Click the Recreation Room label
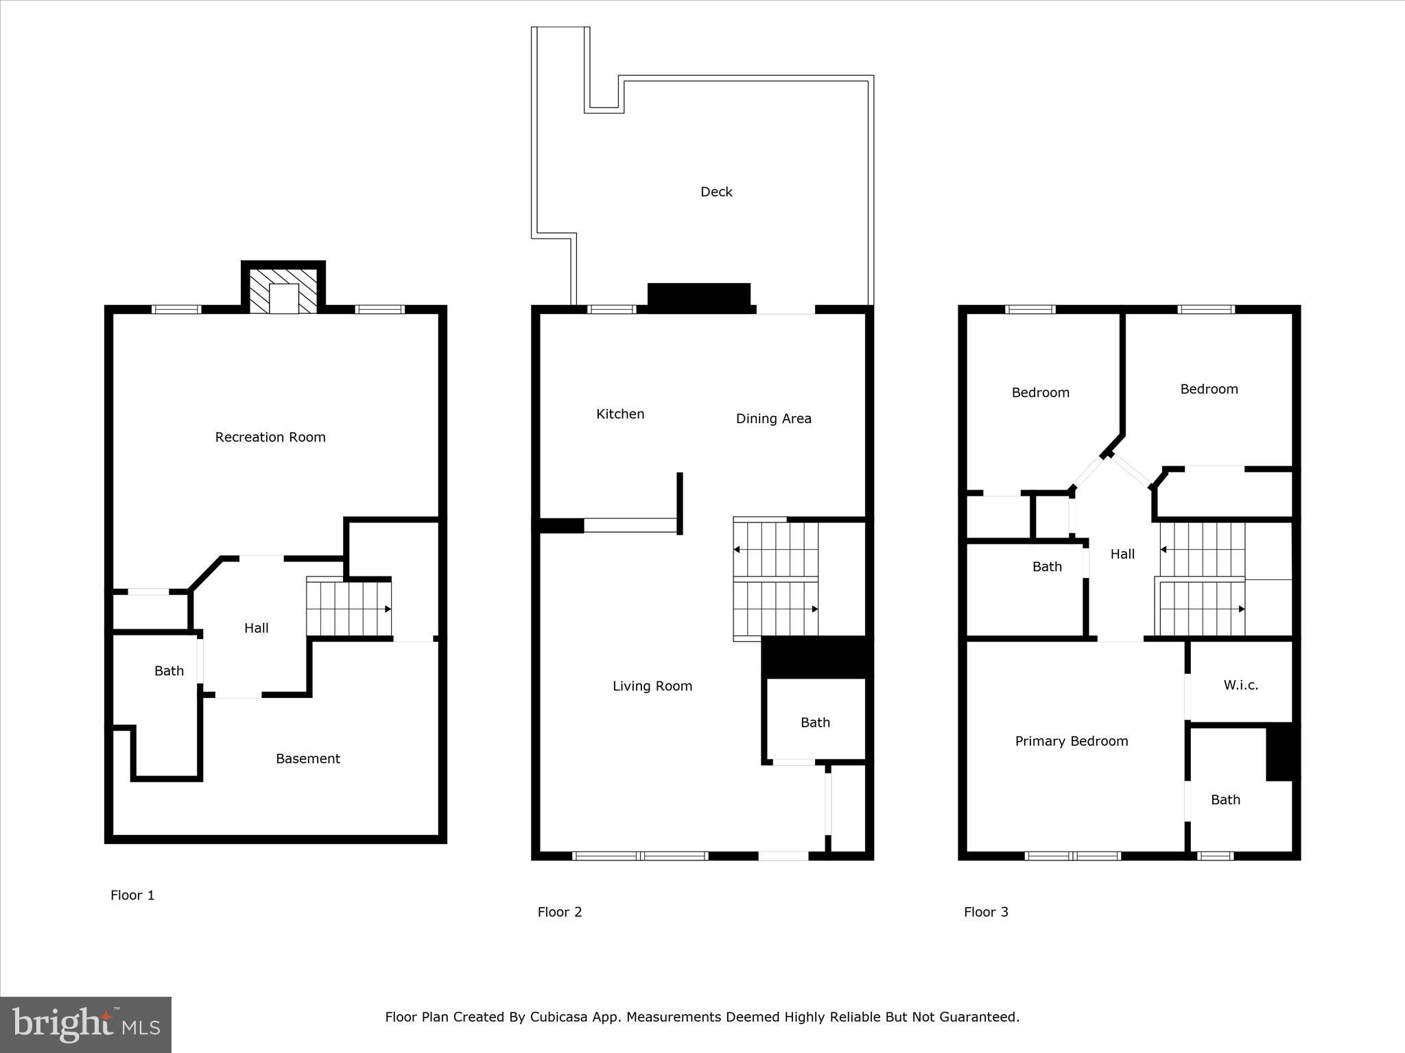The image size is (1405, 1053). coord(270,437)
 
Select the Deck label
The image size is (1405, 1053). coord(716,192)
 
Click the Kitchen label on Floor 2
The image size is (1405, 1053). coord(620,414)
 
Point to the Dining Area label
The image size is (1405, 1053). coord(773,418)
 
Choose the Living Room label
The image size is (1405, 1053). coord(652,686)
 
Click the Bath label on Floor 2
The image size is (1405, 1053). coord(815,723)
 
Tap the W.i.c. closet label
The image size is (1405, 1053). coord(1240,685)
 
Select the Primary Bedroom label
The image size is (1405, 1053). coord(1072,741)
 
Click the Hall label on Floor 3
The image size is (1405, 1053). coord(1122,554)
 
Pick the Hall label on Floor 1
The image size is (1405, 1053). coord(256,628)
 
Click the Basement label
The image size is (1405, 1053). coord(307,759)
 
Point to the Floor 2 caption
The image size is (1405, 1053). coord(559,912)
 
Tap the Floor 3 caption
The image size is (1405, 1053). coord(986,912)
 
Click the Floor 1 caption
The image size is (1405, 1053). coord(132,895)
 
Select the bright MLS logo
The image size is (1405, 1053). coord(86,1025)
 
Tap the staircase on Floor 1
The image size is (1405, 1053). coord(349,607)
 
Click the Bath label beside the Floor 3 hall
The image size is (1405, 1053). coord(1047,567)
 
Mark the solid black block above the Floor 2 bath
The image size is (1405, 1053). coord(816,656)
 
